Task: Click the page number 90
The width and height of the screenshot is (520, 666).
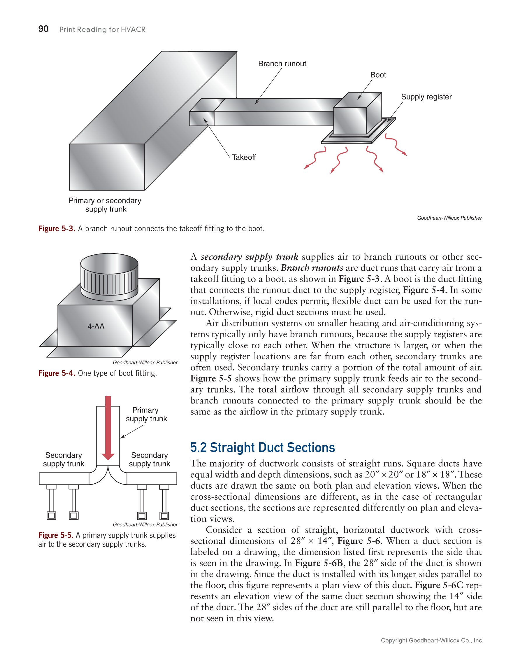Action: pyautogui.click(x=43, y=29)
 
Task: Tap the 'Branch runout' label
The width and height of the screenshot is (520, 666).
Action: pyautogui.click(x=282, y=64)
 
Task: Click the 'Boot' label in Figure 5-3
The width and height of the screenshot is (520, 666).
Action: pyautogui.click(x=378, y=75)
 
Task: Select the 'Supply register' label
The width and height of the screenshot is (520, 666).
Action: pyautogui.click(x=426, y=97)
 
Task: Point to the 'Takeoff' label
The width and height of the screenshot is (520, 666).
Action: pyautogui.click(x=244, y=157)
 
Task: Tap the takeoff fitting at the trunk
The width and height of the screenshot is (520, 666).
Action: pyautogui.click(x=201, y=118)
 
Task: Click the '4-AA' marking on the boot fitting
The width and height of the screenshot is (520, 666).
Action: pyautogui.click(x=96, y=326)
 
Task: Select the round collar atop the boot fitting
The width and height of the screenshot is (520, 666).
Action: pyautogui.click(x=109, y=276)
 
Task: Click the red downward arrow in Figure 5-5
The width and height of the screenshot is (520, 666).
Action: pyautogui.click(x=108, y=427)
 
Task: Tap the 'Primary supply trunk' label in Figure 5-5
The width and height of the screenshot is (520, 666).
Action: pyautogui.click(x=146, y=415)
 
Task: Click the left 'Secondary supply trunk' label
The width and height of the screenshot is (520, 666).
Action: pyautogui.click(x=63, y=459)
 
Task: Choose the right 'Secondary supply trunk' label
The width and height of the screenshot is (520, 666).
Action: pyautogui.click(x=149, y=459)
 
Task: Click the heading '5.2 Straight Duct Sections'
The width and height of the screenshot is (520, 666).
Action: pyautogui.click(x=262, y=447)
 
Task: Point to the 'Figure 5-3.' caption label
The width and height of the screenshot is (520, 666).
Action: pyautogui.click(x=57, y=229)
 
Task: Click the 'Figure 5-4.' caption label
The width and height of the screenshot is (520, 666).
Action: pyautogui.click(x=57, y=373)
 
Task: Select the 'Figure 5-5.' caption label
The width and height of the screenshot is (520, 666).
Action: pyautogui.click(x=56, y=535)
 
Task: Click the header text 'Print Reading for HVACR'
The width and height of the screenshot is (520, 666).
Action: pyautogui.click(x=102, y=29)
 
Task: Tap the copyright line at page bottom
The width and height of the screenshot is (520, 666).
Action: pyautogui.click(x=432, y=640)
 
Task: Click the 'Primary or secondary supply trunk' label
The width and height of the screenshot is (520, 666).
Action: pyautogui.click(x=105, y=205)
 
